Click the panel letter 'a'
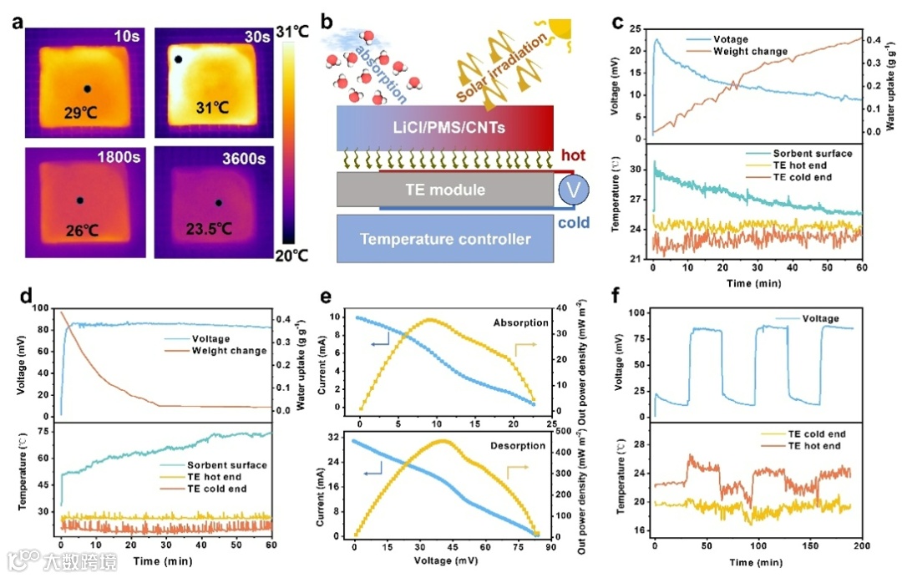pos(18,19)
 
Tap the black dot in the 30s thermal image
pos(178,60)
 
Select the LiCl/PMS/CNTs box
pos(444,128)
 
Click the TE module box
pos(444,190)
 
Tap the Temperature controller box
pos(444,239)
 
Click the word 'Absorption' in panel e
pos(520,322)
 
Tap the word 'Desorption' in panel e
pos(519,446)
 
